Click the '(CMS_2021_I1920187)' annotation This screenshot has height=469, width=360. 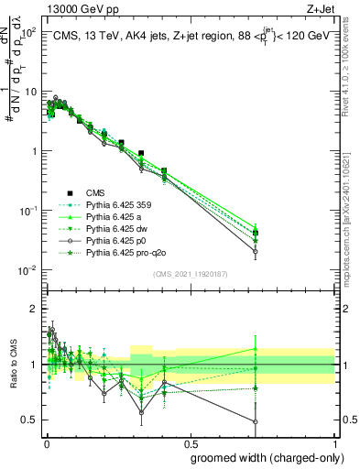point(190,274)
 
